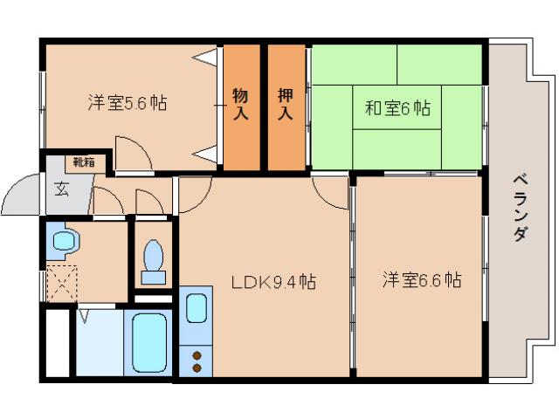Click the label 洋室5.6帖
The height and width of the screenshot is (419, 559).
(127, 103)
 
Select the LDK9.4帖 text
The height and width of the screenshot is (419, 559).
(273, 283)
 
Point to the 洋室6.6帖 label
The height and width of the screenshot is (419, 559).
(422, 281)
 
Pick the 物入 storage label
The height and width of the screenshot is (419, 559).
(241, 103)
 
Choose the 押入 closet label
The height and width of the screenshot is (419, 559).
(286, 103)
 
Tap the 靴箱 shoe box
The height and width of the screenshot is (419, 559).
(85, 162)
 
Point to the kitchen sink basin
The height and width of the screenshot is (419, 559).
(197, 308)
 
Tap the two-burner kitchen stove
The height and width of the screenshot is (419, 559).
(197, 361)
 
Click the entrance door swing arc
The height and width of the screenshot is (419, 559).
(22, 196)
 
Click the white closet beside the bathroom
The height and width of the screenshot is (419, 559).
(57, 343)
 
